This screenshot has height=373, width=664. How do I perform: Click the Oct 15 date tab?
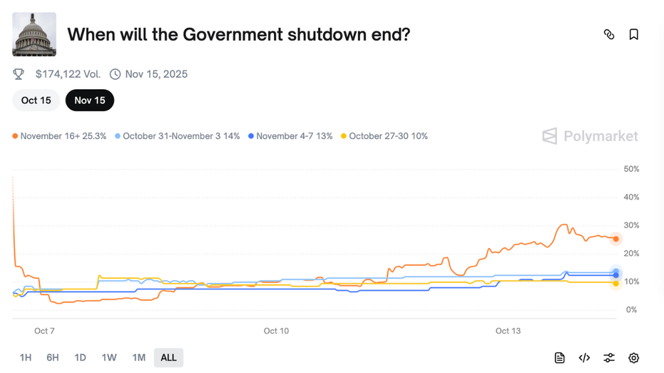pos(36,101)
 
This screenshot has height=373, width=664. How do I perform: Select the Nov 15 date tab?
pos(90,101)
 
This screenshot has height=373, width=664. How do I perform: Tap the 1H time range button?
pos(26,357)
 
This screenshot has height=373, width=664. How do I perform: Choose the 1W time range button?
pos(109,357)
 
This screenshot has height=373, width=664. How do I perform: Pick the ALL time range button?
pos(168,357)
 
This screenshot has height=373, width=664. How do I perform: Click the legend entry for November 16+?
pos(60,136)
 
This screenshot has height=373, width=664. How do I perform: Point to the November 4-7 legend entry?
pos(290,136)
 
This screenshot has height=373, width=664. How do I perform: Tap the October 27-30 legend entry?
pos(384,136)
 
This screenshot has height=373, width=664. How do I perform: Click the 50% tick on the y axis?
pos(631,169)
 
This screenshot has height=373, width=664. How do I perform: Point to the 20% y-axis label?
pos(631,254)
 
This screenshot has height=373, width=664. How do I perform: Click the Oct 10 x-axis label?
pos(276,331)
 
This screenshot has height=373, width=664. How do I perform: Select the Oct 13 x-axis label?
pos(508,331)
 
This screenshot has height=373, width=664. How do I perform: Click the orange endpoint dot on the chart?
pos(616,239)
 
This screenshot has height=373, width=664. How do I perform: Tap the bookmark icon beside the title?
pos(633,34)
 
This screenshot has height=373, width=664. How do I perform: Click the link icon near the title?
pos(609,34)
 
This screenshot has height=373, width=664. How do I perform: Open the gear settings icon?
pos(633,358)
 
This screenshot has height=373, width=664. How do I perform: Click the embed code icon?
pos(584,358)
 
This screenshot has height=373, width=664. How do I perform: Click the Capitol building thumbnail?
pos(34,34)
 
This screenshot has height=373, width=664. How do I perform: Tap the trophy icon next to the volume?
pos(19,74)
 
